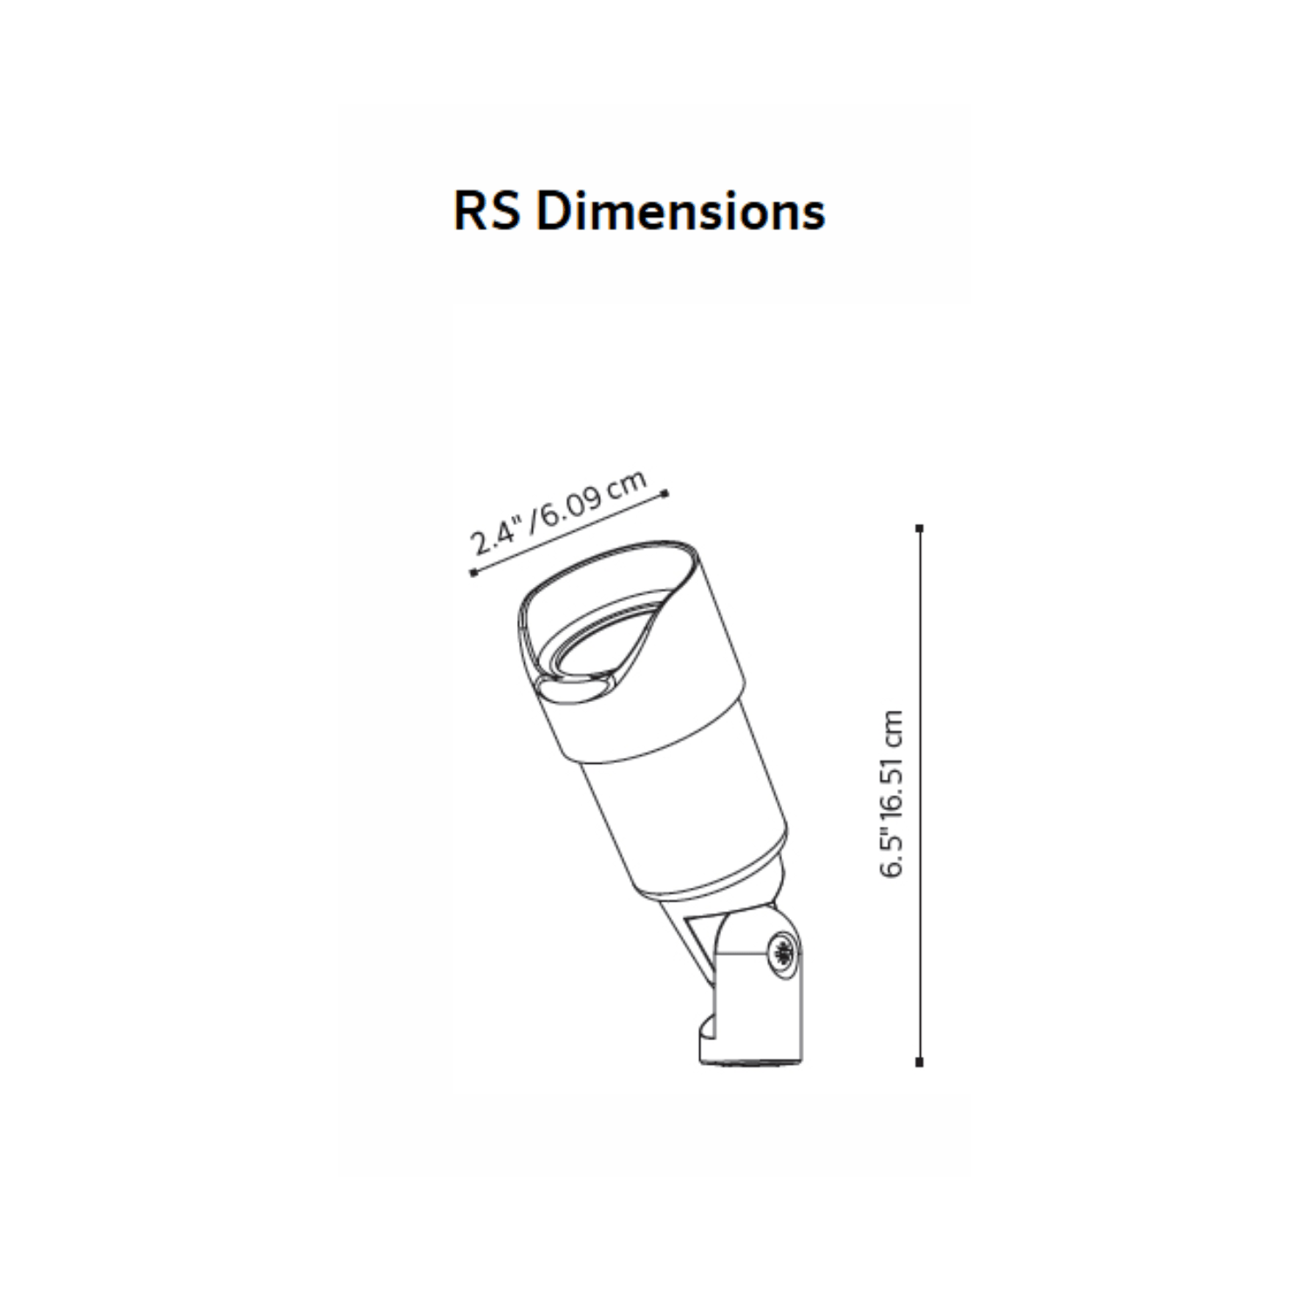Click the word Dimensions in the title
[680, 211]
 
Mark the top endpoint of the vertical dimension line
[919, 528]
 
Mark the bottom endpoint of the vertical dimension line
[919, 1062]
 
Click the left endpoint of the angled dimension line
[473, 573]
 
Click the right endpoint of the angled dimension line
[666, 494]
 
